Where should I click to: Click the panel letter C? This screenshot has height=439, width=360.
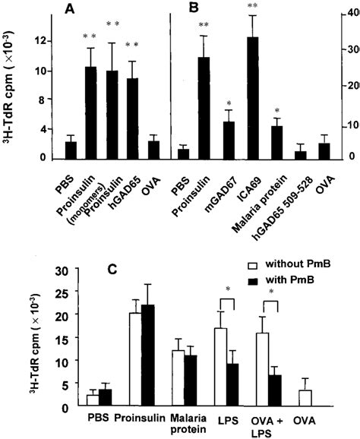point(113,269)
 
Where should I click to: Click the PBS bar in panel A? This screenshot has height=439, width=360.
point(71,150)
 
